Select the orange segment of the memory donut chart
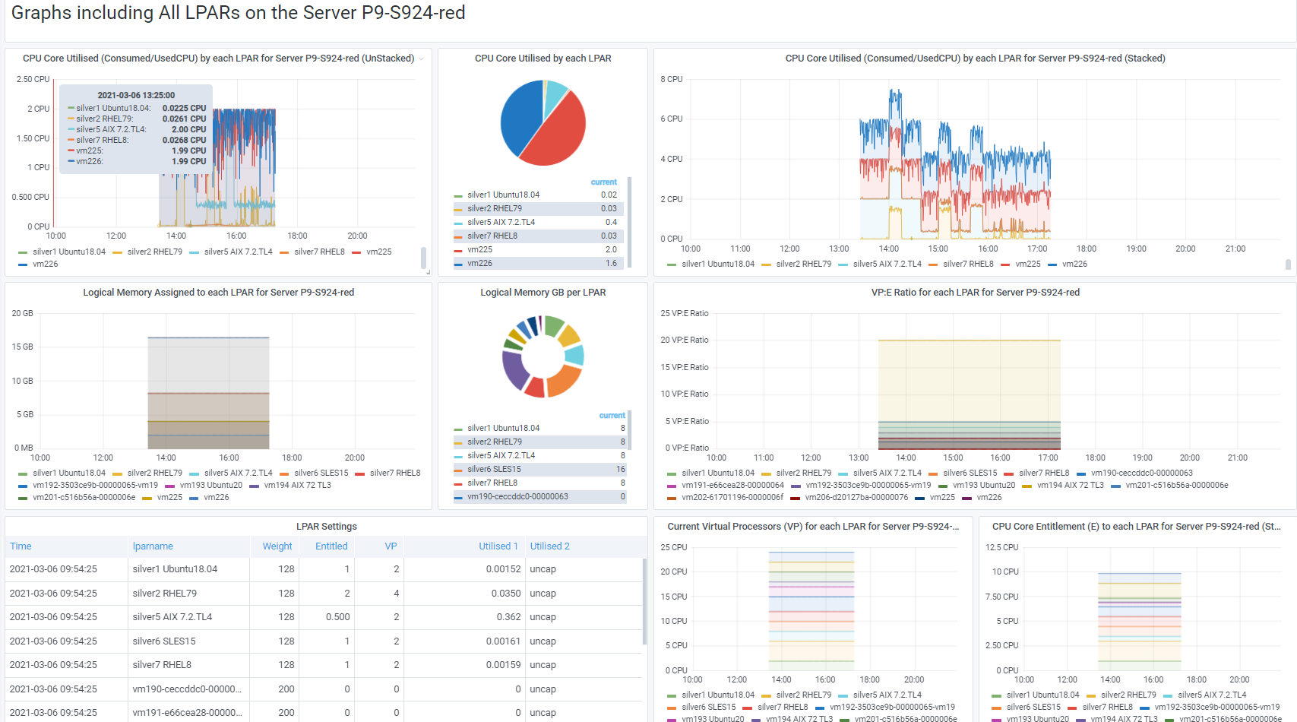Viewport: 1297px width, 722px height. click(563, 379)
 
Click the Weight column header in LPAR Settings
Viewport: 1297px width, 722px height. click(277, 546)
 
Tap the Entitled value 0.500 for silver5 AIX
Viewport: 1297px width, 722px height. click(337, 616)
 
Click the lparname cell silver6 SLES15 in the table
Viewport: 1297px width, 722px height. click(164, 641)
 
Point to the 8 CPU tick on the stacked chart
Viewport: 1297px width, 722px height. click(672, 79)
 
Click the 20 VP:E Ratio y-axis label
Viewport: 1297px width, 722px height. click(685, 340)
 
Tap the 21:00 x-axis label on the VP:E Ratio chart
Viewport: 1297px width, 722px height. click(1238, 458)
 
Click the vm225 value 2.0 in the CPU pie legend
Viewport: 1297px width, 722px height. click(611, 249)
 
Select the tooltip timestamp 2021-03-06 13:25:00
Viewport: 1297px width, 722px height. click(136, 95)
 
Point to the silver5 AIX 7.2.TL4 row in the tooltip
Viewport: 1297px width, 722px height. click(137, 129)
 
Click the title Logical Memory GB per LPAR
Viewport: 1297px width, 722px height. click(543, 293)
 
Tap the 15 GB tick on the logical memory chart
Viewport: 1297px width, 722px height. click(23, 347)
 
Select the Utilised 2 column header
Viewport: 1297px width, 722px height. click(549, 546)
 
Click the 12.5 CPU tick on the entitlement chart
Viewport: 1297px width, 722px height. click(1001, 547)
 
